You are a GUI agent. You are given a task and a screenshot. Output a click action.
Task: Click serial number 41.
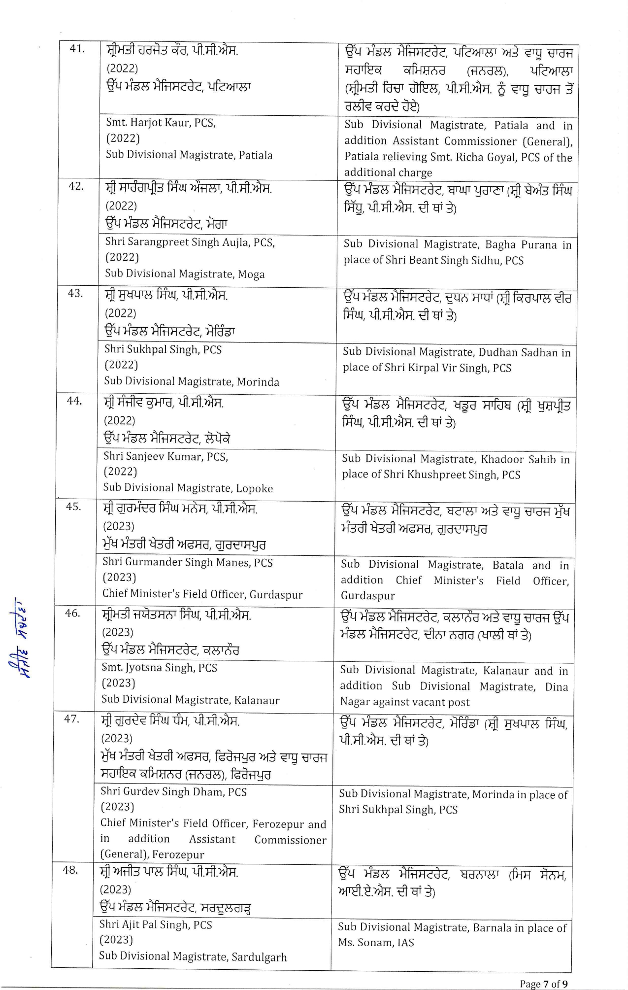pos(77,49)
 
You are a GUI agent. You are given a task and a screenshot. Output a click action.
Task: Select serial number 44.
pos(74,401)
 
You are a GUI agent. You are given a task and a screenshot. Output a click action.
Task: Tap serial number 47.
pos(71,719)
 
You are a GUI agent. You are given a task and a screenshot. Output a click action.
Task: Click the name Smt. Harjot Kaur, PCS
pos(161,123)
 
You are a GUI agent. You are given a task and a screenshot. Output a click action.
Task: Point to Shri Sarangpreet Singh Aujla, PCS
pos(190,242)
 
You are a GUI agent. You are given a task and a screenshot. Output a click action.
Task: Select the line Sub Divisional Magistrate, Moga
pos(185,274)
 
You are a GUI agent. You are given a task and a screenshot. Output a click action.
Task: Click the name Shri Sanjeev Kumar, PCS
pos(165,457)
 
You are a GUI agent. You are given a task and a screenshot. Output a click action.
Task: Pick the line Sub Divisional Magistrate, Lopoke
pos(188,488)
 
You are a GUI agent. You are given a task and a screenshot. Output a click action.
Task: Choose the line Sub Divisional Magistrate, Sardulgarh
pos(193,957)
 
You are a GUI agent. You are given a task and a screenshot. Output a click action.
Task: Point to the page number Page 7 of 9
pos(544,984)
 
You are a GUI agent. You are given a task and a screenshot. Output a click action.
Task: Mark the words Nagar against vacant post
pos(404,702)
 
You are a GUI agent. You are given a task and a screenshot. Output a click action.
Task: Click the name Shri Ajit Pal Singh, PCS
pos(156,925)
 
